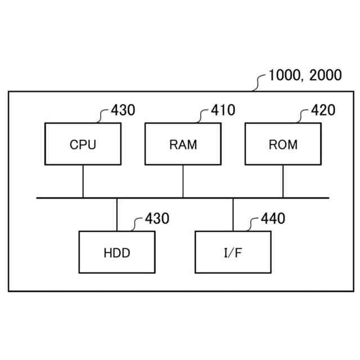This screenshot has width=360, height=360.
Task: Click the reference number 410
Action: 223,110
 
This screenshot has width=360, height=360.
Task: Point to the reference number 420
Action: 323,110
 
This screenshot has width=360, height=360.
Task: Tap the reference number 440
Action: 273,219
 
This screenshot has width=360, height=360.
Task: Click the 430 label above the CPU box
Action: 123,110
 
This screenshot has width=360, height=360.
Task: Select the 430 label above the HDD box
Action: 157,219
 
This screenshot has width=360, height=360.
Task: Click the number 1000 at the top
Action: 285,75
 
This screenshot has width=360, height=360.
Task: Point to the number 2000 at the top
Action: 326,75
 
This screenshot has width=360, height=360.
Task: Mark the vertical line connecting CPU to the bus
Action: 83,181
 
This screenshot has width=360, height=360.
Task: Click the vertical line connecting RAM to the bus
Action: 183,181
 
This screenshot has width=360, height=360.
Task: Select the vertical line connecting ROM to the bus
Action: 283,181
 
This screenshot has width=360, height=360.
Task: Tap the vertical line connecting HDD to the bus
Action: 117,214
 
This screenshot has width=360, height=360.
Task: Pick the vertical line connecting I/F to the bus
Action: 233,214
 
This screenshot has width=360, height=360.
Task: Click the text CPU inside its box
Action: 83,145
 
